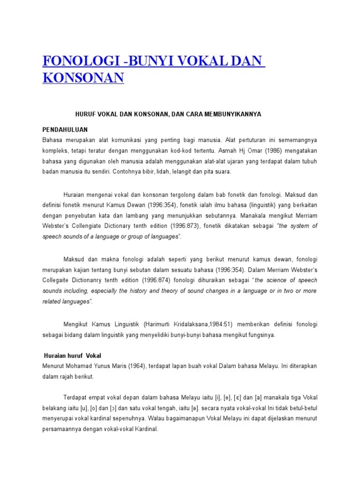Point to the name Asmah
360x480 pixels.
click(x=215, y=150)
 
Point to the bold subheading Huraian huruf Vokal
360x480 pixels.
click(x=72, y=356)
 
